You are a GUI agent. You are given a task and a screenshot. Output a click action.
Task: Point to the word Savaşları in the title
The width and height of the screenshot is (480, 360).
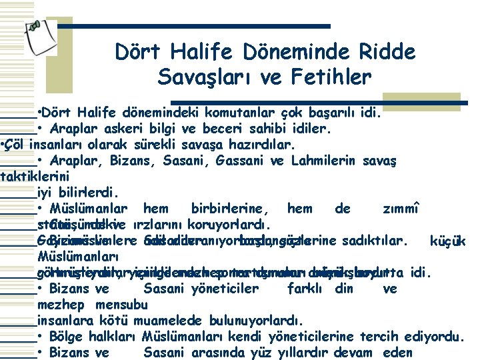[x=203, y=77]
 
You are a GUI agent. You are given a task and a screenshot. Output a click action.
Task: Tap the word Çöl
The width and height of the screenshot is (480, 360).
[x=18, y=143]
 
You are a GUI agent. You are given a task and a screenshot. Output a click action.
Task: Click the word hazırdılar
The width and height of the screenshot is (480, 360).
[x=261, y=143]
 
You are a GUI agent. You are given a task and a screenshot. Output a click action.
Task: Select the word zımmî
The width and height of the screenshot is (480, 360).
[x=401, y=209]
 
